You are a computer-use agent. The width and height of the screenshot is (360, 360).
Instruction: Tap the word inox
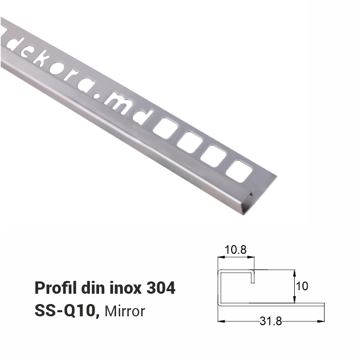tap(125, 288)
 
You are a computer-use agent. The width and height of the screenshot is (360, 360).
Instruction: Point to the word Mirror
tap(125, 311)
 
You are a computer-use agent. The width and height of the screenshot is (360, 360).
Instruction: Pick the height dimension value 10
tap(302, 286)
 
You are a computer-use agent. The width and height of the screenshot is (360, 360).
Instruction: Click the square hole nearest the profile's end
tap(240, 171)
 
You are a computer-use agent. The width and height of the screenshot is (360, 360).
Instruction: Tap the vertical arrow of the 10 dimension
tap(294, 286)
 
